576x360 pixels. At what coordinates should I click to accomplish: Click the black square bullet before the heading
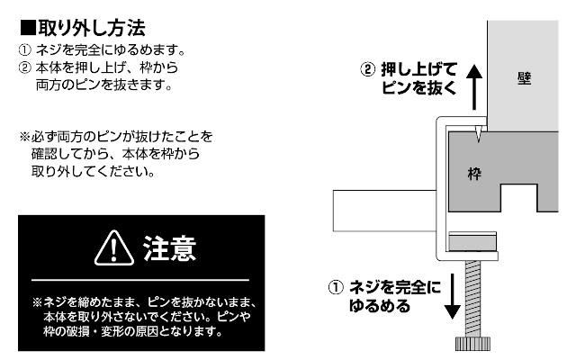tap(26, 20)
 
